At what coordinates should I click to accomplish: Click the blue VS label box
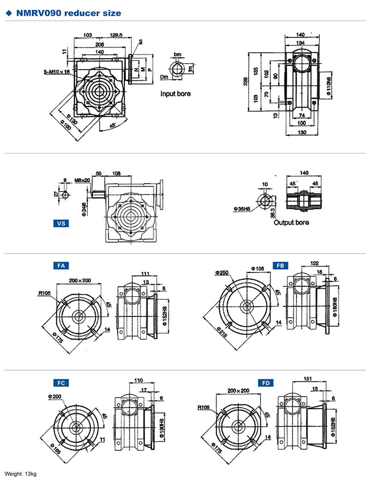pyautogui.click(x=61, y=223)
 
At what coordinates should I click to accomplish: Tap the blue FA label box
pyautogui.click(x=61, y=266)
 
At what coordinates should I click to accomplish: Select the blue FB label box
pyautogui.click(x=280, y=266)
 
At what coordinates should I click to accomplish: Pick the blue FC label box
pyautogui.click(x=61, y=383)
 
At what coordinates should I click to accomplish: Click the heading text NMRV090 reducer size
pyautogui.click(x=68, y=13)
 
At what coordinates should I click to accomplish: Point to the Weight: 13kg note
pyautogui.click(x=21, y=474)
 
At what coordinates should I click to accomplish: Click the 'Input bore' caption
pyautogui.click(x=175, y=93)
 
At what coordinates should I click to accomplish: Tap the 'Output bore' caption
pyautogui.click(x=291, y=223)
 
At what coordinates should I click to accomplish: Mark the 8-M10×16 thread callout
pyautogui.click(x=57, y=72)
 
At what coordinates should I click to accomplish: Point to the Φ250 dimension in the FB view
pyautogui.click(x=221, y=272)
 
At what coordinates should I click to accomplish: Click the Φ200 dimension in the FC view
pyautogui.click(x=54, y=396)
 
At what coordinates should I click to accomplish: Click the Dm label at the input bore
pyautogui.click(x=165, y=77)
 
